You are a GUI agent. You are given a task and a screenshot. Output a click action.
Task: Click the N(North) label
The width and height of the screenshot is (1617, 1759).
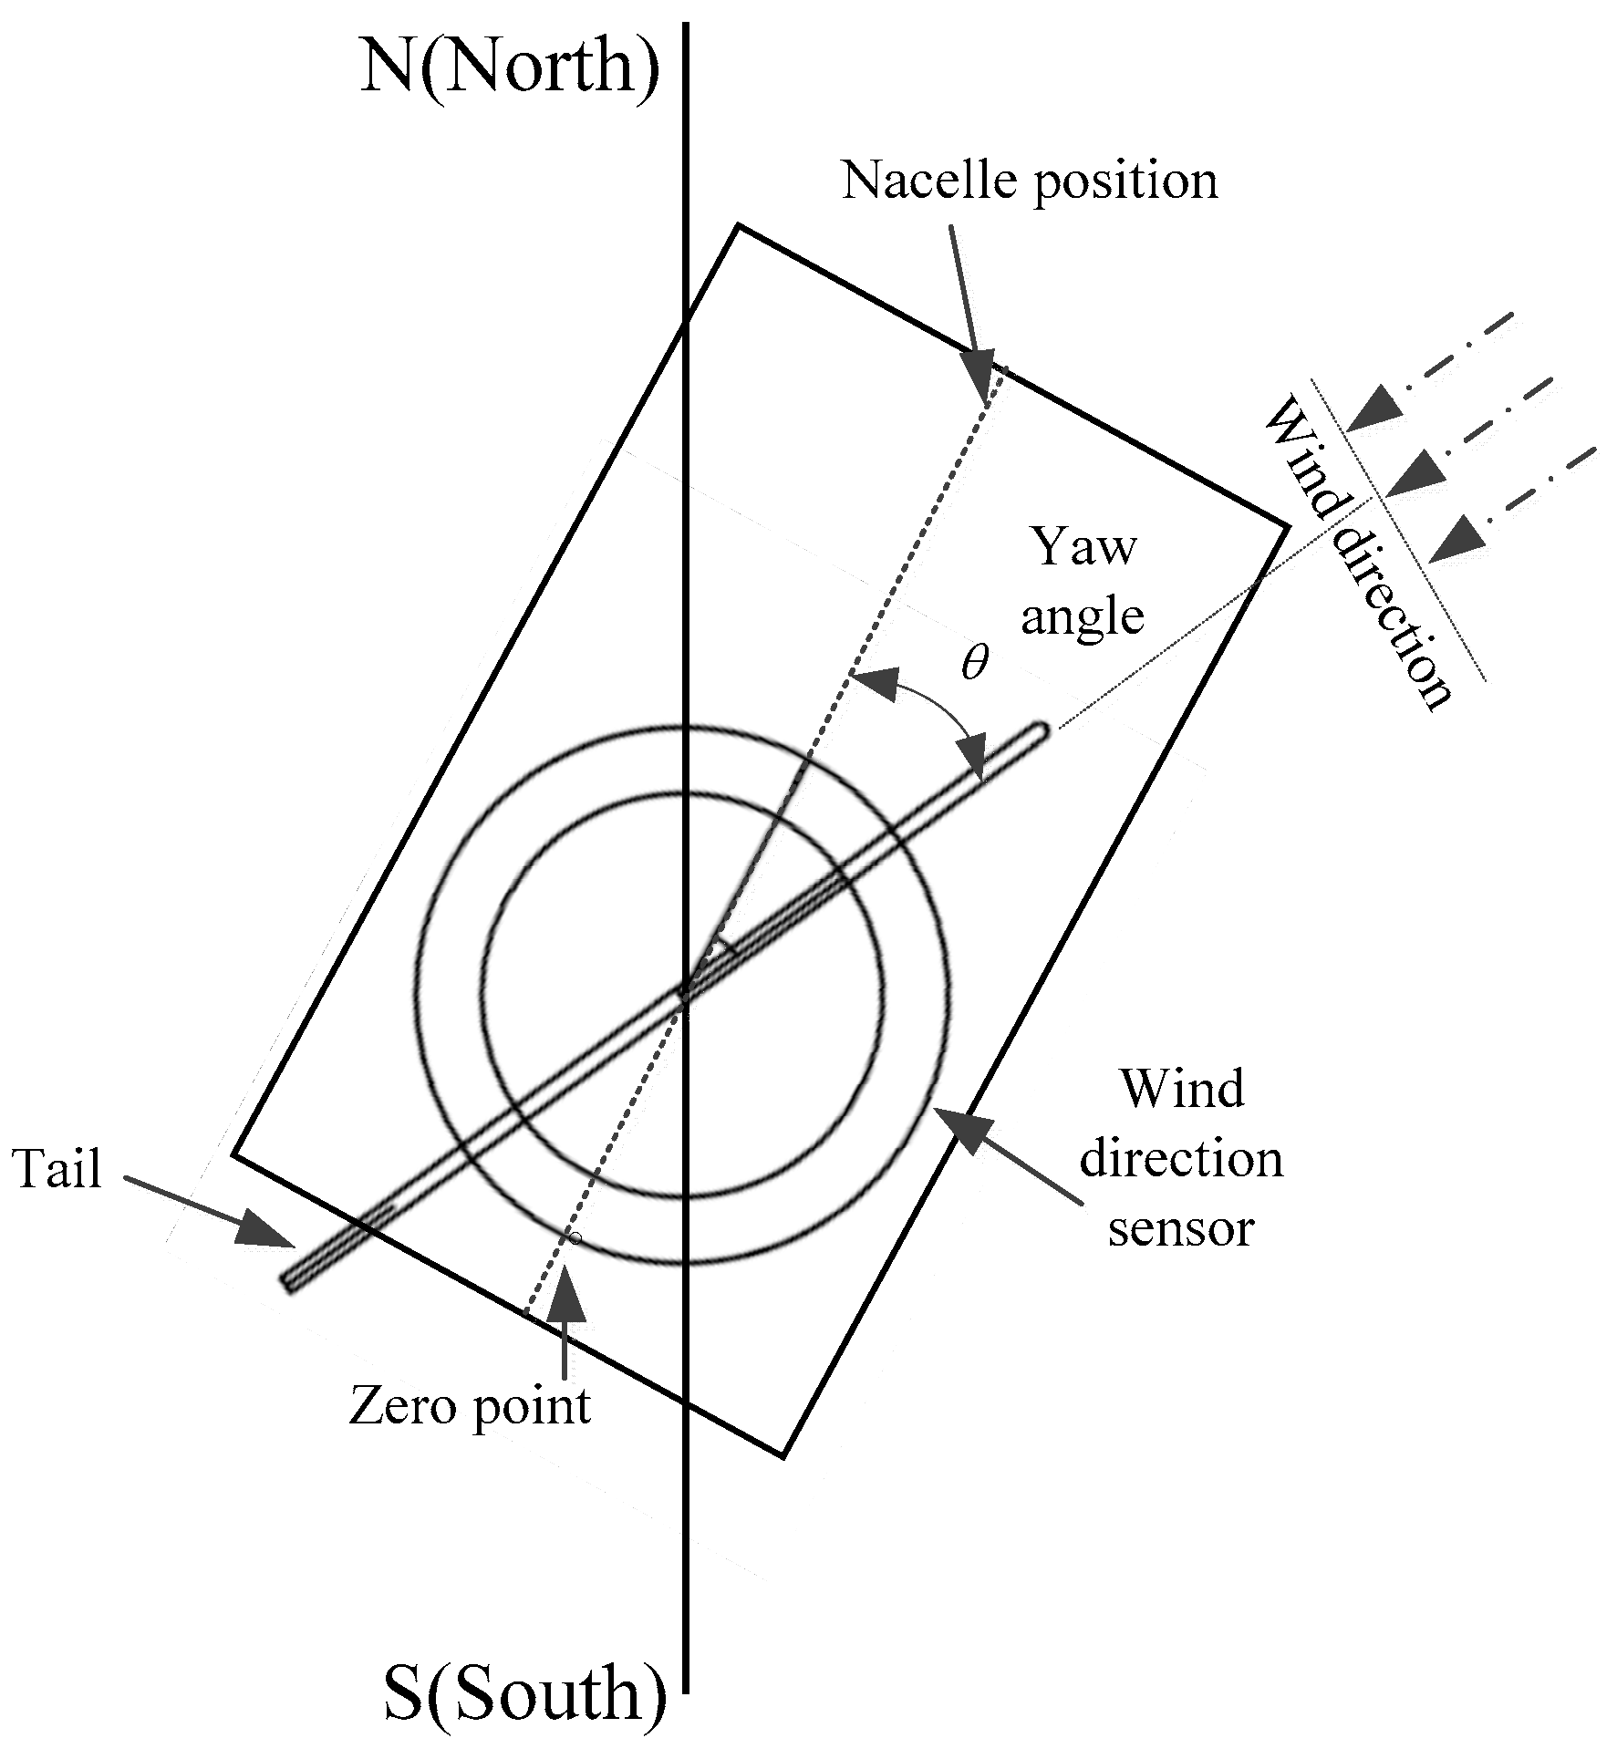[x=509, y=69]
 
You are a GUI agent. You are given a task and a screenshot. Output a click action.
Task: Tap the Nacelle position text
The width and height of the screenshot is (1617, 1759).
[x=1029, y=182]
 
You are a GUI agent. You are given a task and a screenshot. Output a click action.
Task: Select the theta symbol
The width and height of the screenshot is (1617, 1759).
[x=974, y=663]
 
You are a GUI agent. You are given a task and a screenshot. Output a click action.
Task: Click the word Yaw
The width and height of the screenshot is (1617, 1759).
[x=1083, y=547]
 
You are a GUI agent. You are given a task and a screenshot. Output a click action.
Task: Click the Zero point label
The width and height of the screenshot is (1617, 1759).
[x=470, y=1405]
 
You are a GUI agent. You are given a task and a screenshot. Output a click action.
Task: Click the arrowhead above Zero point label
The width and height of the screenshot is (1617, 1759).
[x=566, y=1290]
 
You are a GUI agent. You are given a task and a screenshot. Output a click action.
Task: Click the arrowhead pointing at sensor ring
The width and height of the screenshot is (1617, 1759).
[x=962, y=1132]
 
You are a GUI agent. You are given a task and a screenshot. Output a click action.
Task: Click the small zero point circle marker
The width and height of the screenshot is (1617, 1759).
[x=575, y=1238]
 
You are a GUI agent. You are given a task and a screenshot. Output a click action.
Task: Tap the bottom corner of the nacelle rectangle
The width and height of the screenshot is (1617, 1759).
[x=783, y=1455]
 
